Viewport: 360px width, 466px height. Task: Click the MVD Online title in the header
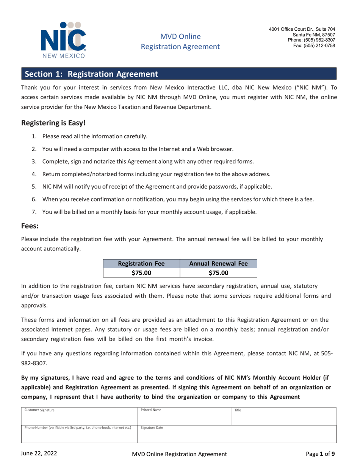pos(180,37)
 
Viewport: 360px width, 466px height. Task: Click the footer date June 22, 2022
pos(42,453)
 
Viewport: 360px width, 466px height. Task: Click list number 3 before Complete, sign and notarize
pos(33,161)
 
